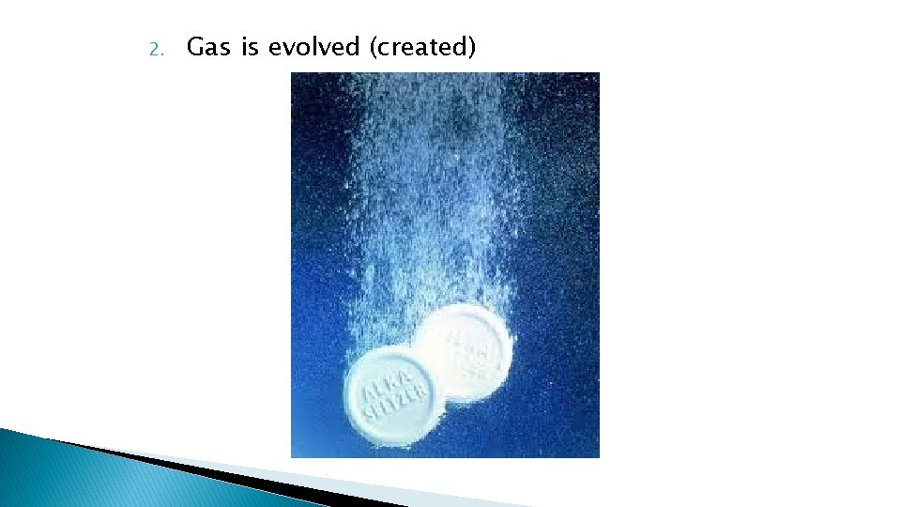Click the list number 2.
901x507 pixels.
click(x=156, y=48)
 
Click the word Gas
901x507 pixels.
click(x=208, y=47)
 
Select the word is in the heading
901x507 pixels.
click(x=250, y=47)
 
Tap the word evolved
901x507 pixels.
click(x=314, y=47)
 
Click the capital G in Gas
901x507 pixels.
click(x=195, y=47)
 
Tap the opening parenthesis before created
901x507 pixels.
click(x=373, y=47)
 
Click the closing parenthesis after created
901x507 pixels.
click(x=471, y=47)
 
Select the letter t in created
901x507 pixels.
click(x=437, y=47)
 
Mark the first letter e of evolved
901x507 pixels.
click(x=276, y=48)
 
